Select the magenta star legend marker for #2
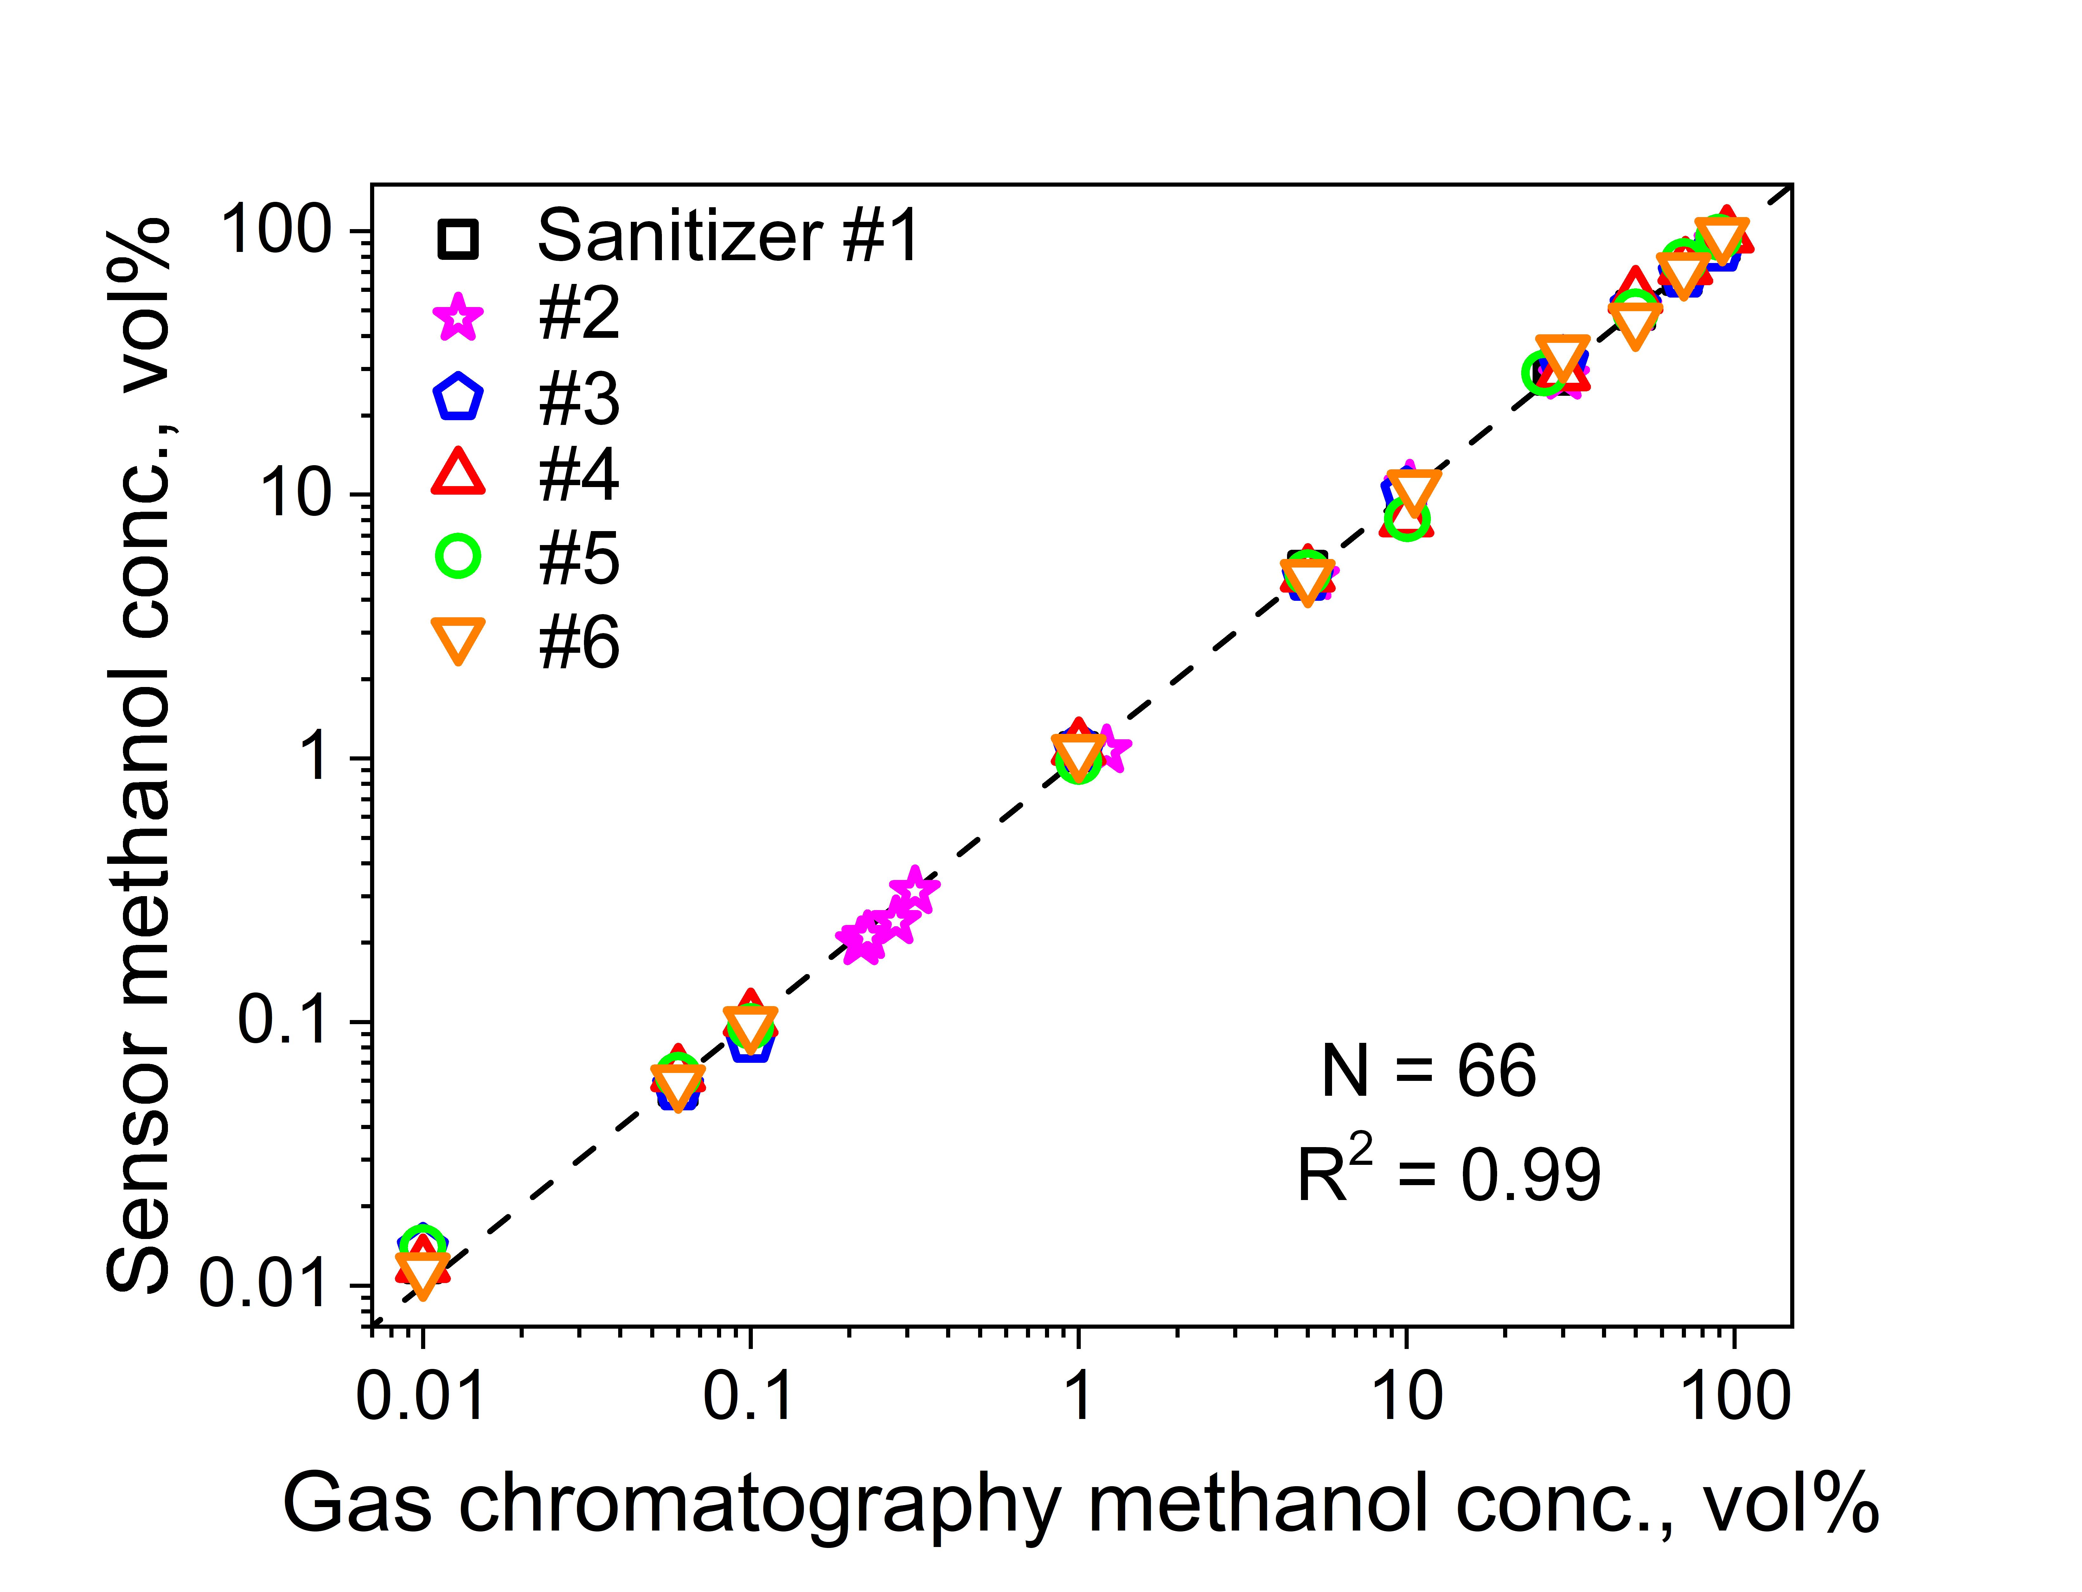(459, 318)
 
